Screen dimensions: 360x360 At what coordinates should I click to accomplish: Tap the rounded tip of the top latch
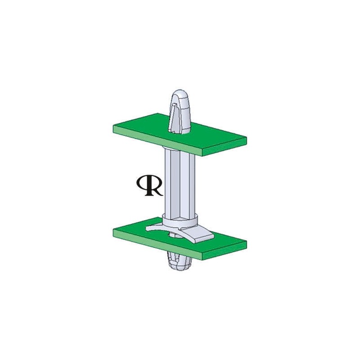coord(181,95)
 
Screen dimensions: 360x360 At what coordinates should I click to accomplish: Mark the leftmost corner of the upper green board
coord(113,127)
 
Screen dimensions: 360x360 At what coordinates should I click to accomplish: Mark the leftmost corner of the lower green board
coord(113,229)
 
